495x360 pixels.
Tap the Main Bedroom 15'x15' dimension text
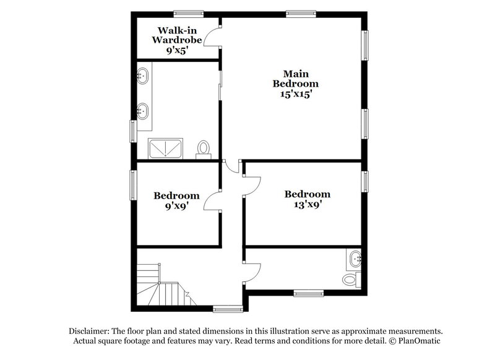296,95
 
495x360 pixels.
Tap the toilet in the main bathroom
204,148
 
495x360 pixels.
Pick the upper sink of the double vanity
142,77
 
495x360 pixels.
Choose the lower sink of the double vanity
142,111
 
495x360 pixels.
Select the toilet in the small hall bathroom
351,280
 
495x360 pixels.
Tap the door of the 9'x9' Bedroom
212,200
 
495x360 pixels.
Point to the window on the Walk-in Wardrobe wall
189,12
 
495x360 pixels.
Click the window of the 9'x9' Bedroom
132,185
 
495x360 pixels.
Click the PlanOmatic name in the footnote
417,341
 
